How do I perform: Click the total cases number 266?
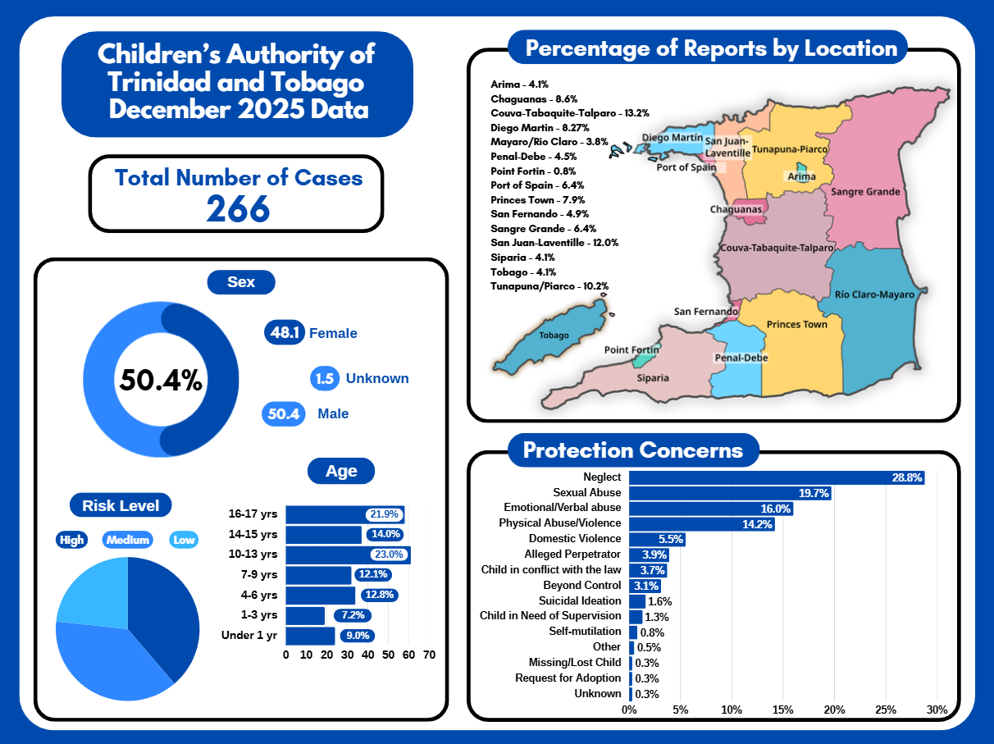click(238, 208)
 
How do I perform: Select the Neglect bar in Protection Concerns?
click(776, 477)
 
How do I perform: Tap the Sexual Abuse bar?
click(730, 493)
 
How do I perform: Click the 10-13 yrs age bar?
click(348, 555)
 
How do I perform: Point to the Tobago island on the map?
click(554, 335)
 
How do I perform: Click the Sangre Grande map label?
click(865, 192)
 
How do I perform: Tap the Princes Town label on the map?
click(796, 324)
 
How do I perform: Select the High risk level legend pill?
click(72, 540)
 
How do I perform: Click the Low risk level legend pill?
click(184, 540)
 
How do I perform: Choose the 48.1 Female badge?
click(285, 333)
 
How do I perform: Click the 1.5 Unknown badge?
click(325, 378)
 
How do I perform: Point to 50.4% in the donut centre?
click(161, 380)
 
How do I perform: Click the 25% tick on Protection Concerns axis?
click(886, 710)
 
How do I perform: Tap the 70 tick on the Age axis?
click(429, 655)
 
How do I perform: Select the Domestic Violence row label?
click(575, 539)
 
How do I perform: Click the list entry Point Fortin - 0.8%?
click(531, 171)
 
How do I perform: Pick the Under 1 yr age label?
click(249, 635)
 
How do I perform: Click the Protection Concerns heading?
click(633, 450)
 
